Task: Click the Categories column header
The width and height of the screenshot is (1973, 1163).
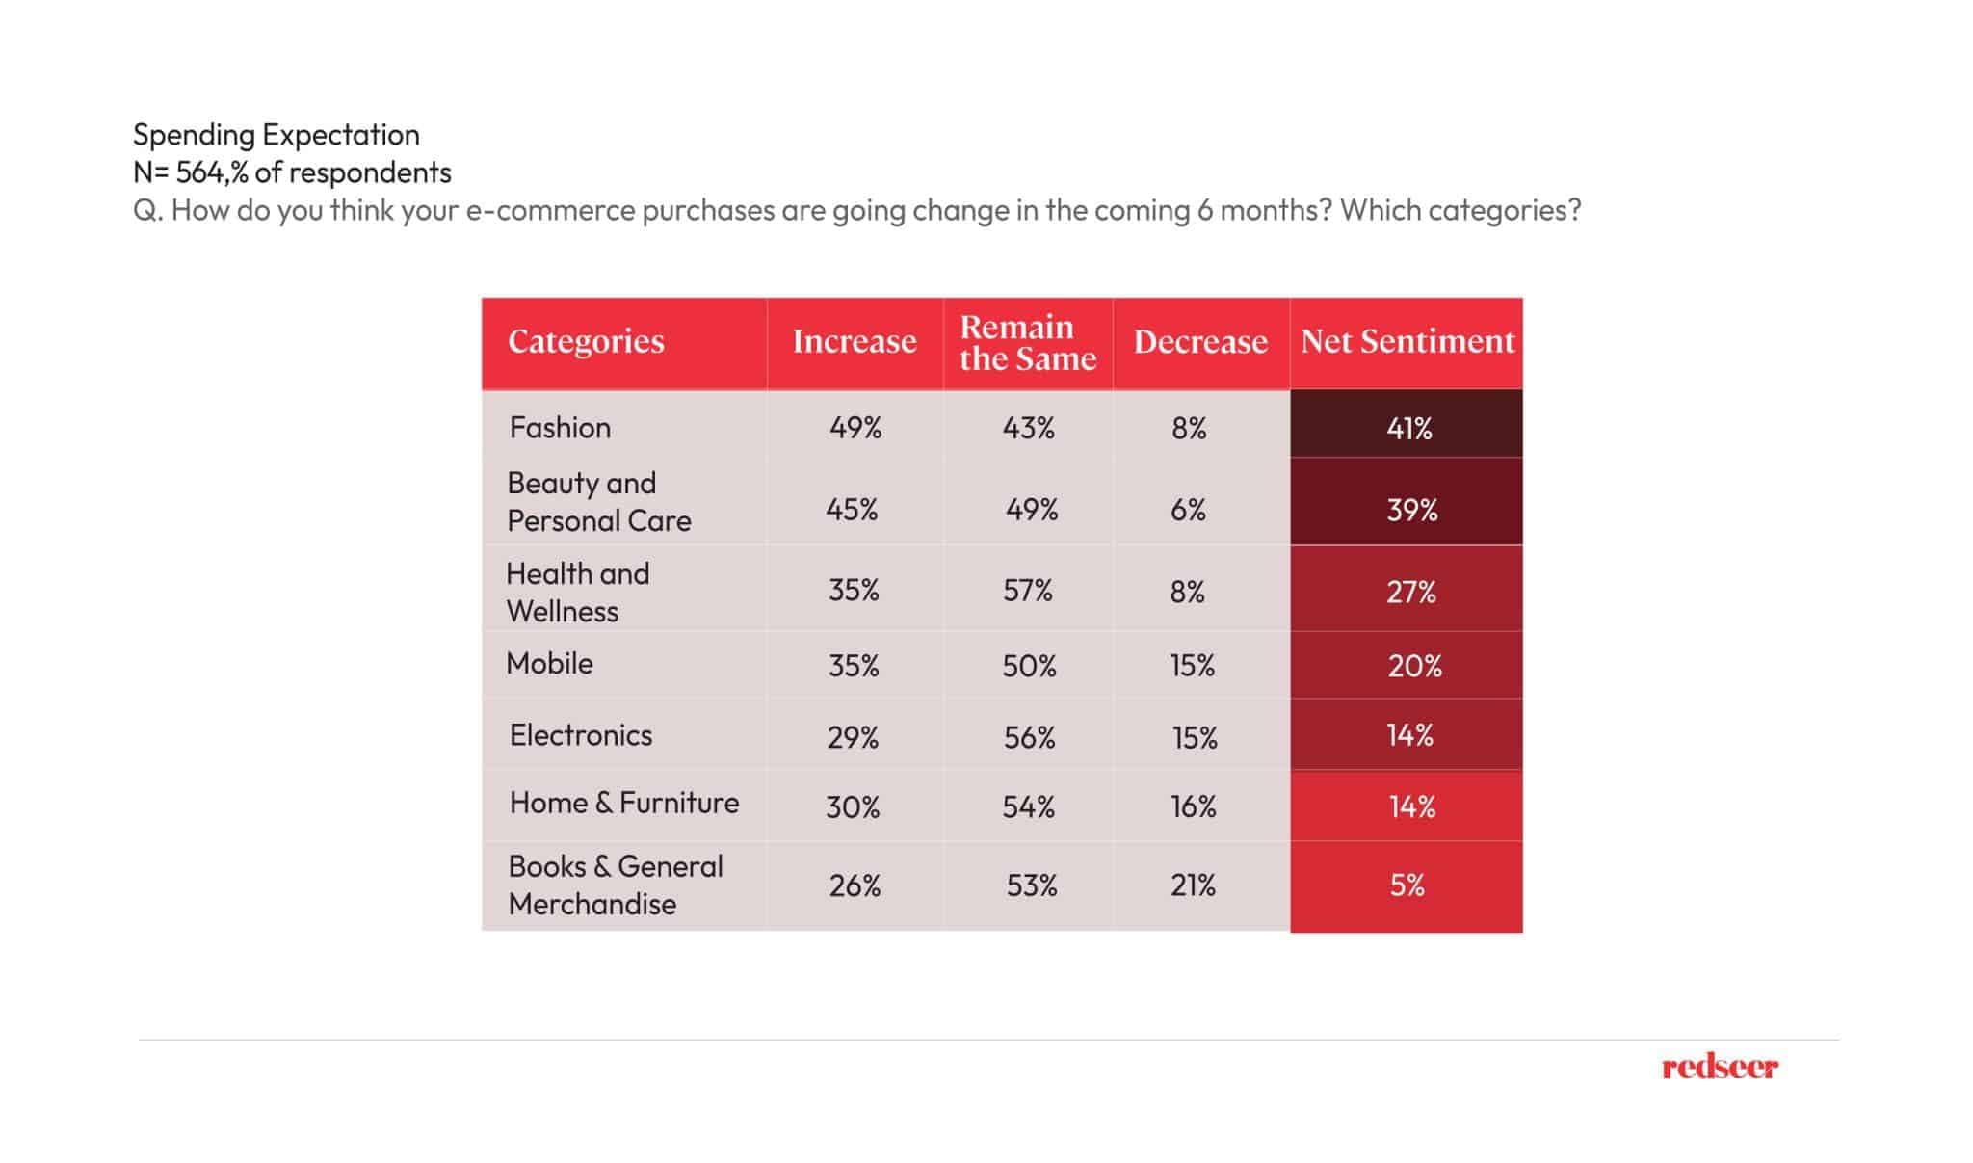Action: pos(586,341)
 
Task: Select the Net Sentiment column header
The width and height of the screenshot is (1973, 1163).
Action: pos(1407,341)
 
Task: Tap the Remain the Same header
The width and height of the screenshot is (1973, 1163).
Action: pos(1027,343)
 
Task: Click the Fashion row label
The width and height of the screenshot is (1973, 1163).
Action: pos(560,427)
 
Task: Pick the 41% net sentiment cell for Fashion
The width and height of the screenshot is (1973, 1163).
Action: pos(1407,428)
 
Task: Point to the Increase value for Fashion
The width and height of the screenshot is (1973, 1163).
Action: pos(855,428)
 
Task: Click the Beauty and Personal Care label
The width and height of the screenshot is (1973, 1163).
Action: pos(598,501)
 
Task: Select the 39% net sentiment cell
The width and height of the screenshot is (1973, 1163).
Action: pos(1410,510)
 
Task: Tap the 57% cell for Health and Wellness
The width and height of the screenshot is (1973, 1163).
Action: pos(1027,590)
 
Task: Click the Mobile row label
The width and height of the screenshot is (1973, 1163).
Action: pos(549,664)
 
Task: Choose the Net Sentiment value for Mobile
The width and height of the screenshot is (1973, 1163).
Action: pos(1413,666)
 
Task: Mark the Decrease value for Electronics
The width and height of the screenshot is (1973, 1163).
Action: pos(1194,737)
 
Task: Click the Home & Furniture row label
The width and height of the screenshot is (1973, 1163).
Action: pos(623,803)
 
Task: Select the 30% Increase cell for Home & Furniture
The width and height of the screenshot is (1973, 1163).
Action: pos(853,806)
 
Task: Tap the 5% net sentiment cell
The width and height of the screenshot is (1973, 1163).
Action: pos(1407,885)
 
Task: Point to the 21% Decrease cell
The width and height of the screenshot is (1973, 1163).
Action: pos(1192,885)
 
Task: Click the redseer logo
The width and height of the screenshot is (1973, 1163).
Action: pos(1720,1067)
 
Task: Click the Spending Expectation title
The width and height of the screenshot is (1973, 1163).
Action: pos(276,134)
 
